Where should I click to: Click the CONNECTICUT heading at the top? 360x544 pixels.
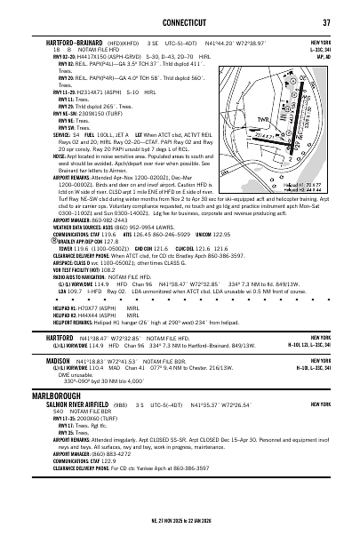[180, 22]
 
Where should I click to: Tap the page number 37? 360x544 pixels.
[326, 22]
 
